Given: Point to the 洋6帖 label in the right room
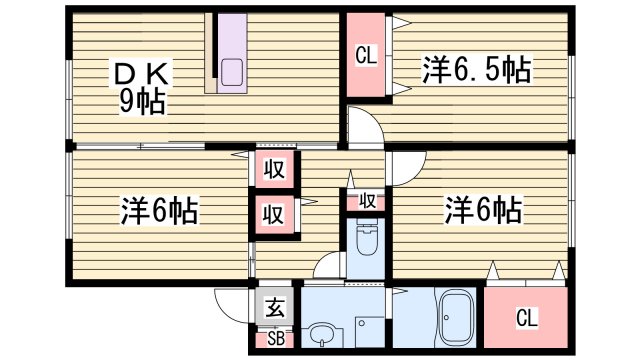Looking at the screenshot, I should [482, 210].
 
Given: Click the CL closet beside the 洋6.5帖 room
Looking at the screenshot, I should [366, 57].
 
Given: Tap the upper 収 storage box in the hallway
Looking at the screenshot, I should [273, 170].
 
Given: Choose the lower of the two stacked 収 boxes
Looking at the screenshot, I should [273, 213].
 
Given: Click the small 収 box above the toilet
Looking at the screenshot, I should [367, 201].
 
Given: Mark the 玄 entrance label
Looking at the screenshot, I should [274, 309].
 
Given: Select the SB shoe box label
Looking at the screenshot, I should [275, 338].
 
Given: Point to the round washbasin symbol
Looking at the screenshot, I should [322, 335].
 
